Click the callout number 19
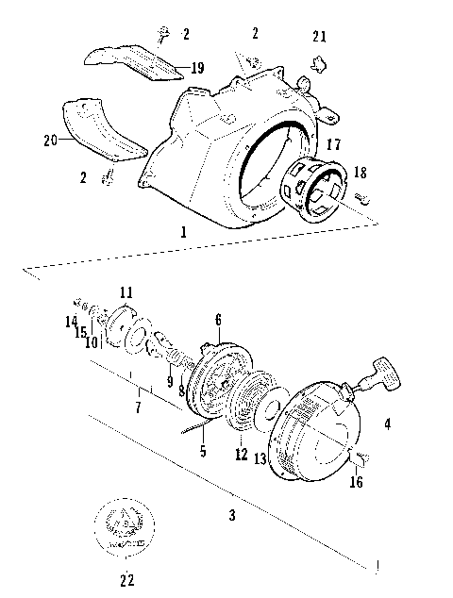(x=197, y=67)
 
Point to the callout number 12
(x=242, y=454)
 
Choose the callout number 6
(x=217, y=319)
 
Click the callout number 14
(x=71, y=321)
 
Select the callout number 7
(x=139, y=407)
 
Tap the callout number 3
(x=231, y=515)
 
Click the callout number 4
(x=386, y=424)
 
